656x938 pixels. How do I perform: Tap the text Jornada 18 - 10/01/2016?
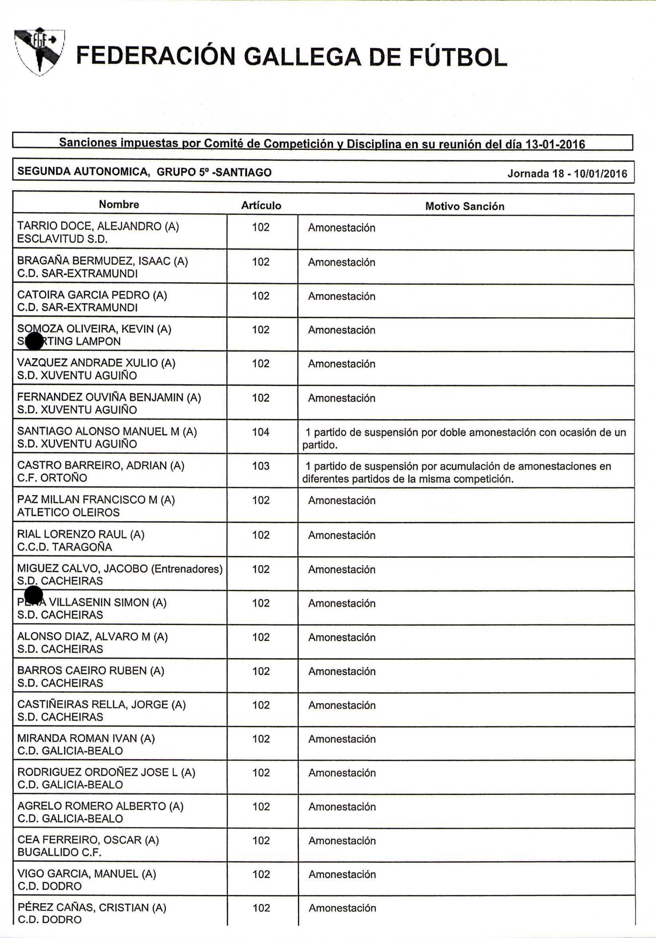point(567,174)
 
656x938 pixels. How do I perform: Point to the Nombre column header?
point(119,204)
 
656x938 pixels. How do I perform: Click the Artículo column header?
point(261,205)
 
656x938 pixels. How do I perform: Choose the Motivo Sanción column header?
point(465,206)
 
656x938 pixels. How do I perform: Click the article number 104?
point(261,432)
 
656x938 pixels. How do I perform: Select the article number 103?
point(261,466)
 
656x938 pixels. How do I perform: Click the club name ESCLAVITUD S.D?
point(62,239)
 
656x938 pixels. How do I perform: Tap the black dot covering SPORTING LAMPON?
point(34,341)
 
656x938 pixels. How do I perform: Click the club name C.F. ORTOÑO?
point(52,478)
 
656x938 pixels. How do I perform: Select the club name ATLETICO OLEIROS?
point(68,512)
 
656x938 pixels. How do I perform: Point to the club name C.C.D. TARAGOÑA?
point(65,547)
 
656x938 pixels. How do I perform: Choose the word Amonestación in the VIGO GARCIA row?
point(342,874)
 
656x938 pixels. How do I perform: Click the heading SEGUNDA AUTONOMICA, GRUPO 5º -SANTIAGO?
point(145,172)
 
